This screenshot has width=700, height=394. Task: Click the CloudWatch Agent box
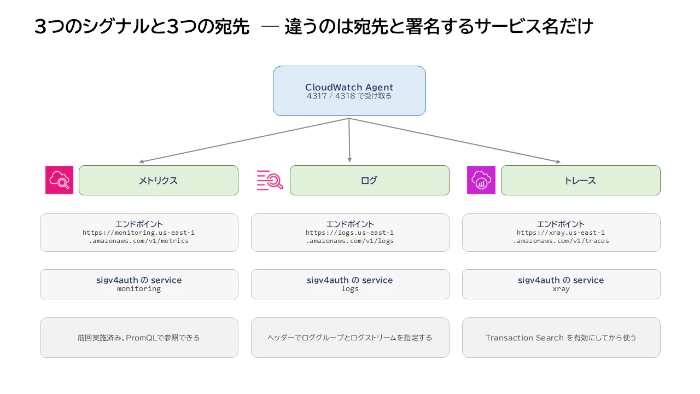[349, 91]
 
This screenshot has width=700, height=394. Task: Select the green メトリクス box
[159, 181]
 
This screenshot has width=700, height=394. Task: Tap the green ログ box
[369, 181]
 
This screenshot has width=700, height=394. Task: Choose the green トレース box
[580, 181]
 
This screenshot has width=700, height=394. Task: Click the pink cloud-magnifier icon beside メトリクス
[60, 180]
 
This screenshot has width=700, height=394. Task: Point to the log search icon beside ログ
[270, 180]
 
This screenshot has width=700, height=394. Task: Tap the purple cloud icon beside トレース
[481, 180]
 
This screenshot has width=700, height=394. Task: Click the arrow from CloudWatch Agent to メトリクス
[244, 140]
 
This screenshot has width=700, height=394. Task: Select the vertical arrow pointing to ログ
[349, 140]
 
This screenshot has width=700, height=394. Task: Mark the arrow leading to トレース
[454, 140]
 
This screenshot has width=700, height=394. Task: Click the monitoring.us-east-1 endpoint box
[139, 233]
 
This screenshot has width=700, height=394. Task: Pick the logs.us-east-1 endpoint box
[350, 233]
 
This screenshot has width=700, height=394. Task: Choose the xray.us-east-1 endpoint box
[561, 233]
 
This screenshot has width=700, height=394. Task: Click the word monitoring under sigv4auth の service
[139, 289]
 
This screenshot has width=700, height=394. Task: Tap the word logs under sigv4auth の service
[349, 289]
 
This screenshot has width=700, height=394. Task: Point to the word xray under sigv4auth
[561, 289]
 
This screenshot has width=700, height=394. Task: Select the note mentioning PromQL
[139, 338]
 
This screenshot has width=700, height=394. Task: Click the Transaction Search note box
[561, 338]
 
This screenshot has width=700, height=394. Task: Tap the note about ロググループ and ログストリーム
[350, 338]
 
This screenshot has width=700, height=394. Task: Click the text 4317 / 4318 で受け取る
[349, 96]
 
